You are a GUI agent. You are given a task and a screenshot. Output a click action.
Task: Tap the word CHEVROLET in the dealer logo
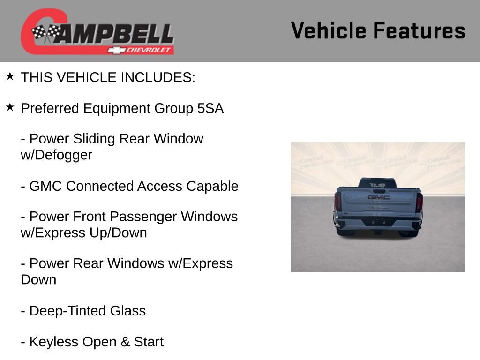tap(150, 50)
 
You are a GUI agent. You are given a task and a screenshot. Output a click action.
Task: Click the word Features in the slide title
tap(419, 30)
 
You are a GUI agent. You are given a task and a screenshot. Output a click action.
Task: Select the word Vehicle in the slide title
tap(328, 30)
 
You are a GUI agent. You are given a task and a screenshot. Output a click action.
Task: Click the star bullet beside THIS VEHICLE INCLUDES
tap(10, 76)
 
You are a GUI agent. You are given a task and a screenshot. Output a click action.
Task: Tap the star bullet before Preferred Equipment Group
tap(10, 108)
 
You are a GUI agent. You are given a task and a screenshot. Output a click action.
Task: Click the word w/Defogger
tap(56, 155)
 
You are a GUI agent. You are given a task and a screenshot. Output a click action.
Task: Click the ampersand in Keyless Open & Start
tap(125, 342)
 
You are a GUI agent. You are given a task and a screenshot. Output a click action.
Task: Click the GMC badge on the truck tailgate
tap(378, 197)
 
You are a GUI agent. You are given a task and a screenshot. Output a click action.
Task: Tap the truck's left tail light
tap(337, 202)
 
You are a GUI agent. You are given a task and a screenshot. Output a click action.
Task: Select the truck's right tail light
tap(419, 202)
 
